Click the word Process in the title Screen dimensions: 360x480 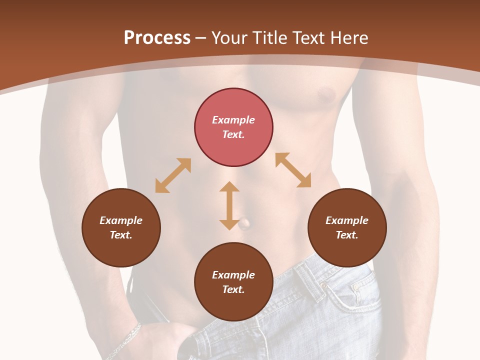(x=157, y=38)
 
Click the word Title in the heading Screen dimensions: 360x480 (x=269, y=38)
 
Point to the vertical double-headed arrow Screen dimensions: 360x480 (x=229, y=205)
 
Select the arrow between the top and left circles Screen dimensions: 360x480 (x=173, y=175)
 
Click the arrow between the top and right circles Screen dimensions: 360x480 (x=293, y=170)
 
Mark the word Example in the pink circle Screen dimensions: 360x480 (x=233, y=120)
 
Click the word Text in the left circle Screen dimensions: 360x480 (x=121, y=235)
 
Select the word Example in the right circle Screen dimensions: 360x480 (x=347, y=220)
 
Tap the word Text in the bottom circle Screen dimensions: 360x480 (x=233, y=289)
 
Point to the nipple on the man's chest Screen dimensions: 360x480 (x=326, y=93)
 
